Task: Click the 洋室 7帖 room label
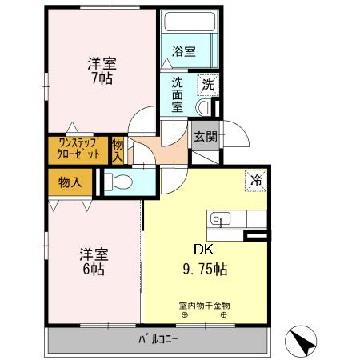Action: tap(100, 70)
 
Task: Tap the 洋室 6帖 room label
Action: tap(94, 262)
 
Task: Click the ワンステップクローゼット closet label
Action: tap(78, 148)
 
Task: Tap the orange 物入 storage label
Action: tap(70, 182)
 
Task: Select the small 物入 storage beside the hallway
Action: tap(118, 149)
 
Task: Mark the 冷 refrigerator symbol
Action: tap(256, 181)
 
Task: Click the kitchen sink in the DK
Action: tap(220, 218)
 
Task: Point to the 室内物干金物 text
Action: tap(204, 304)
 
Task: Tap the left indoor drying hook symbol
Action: tap(185, 314)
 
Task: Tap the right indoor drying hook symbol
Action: tap(224, 314)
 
